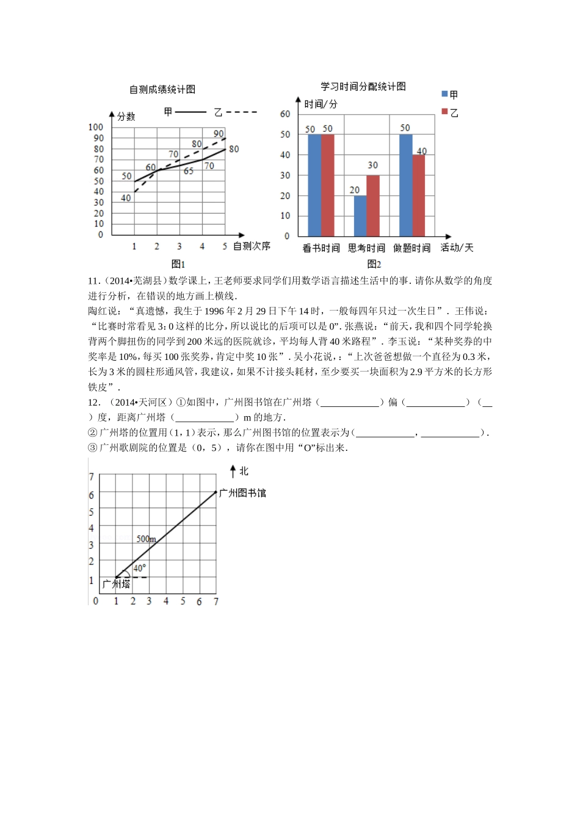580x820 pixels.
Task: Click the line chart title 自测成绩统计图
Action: click(x=162, y=90)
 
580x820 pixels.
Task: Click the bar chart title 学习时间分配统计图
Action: click(x=363, y=87)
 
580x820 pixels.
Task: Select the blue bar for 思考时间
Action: click(x=360, y=215)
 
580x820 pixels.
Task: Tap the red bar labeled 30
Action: click(x=373, y=206)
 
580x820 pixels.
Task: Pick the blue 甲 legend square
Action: click(x=444, y=94)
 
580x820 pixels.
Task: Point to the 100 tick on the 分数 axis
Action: click(x=96, y=127)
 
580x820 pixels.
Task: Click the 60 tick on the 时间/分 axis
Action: click(x=285, y=114)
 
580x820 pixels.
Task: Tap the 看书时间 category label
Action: click(x=321, y=248)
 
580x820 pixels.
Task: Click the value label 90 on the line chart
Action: click(x=219, y=134)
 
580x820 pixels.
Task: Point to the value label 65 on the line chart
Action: click(x=189, y=171)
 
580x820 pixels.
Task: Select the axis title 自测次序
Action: click(x=252, y=246)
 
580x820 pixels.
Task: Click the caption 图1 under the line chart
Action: click(x=178, y=264)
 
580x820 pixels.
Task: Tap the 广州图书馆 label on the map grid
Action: click(x=242, y=492)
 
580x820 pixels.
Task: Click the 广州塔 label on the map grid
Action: click(x=116, y=584)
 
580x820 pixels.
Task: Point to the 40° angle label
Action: click(x=140, y=568)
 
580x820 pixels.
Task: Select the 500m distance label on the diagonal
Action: click(x=146, y=539)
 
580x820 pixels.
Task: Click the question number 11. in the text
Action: click(x=93, y=281)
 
